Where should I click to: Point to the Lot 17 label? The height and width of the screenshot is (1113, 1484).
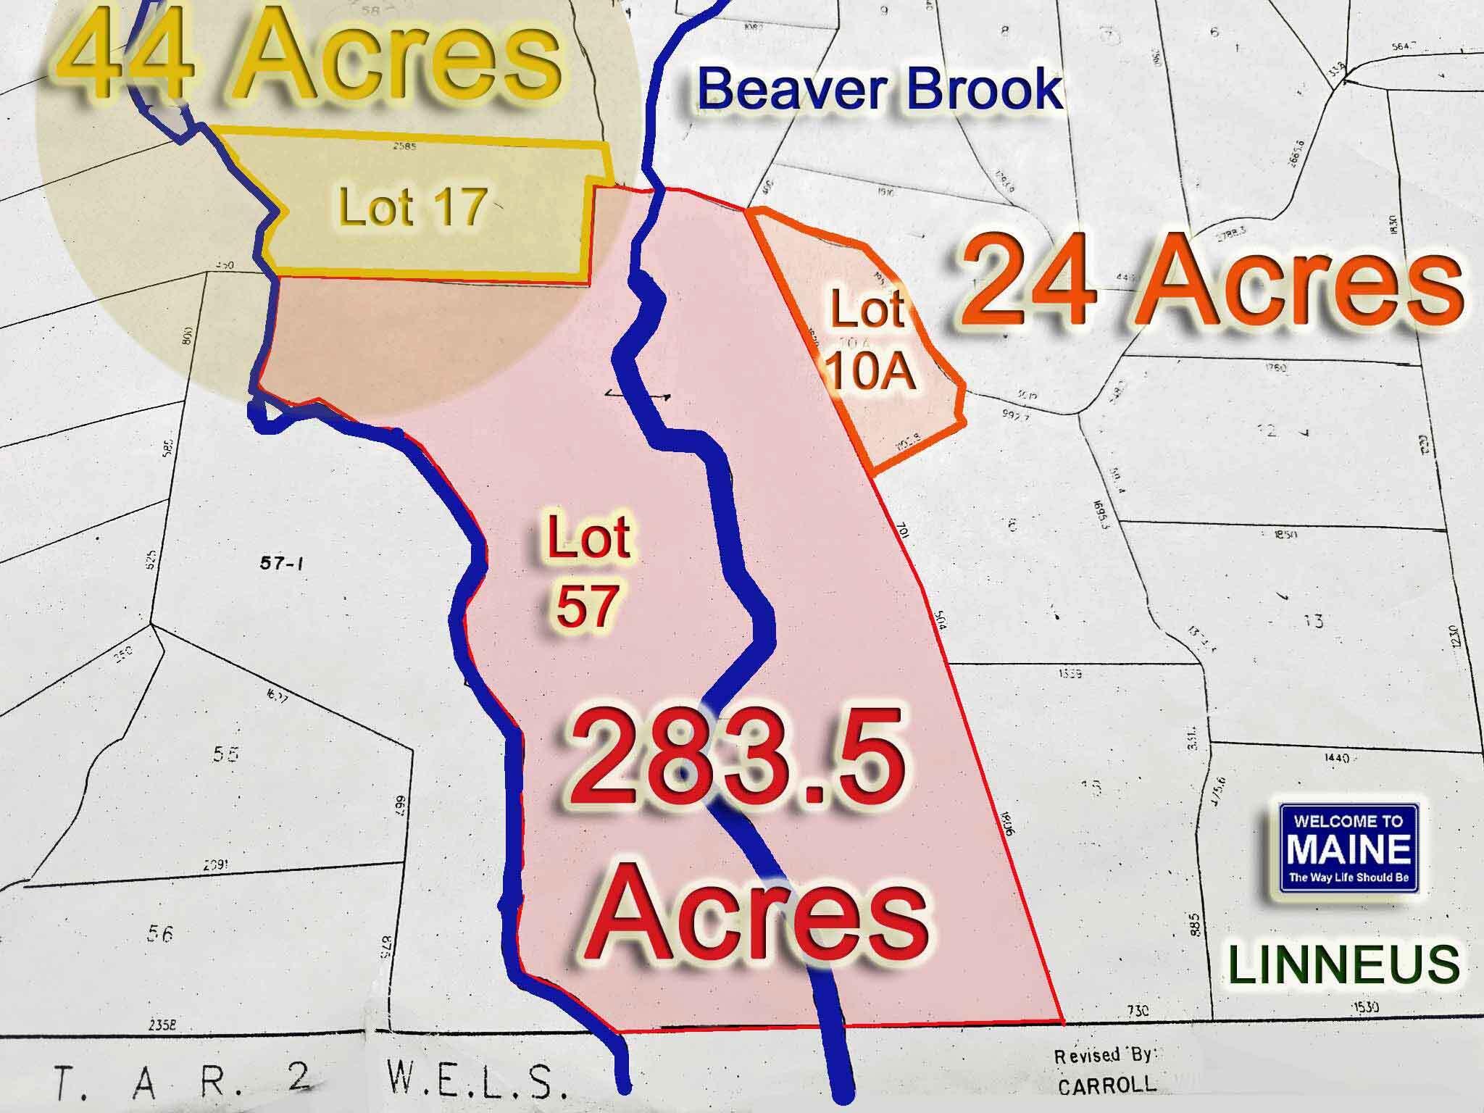412,206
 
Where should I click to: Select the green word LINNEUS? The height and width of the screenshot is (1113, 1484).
1343,964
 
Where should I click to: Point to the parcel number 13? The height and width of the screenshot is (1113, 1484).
1312,621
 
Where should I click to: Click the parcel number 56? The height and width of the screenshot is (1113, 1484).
159,934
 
